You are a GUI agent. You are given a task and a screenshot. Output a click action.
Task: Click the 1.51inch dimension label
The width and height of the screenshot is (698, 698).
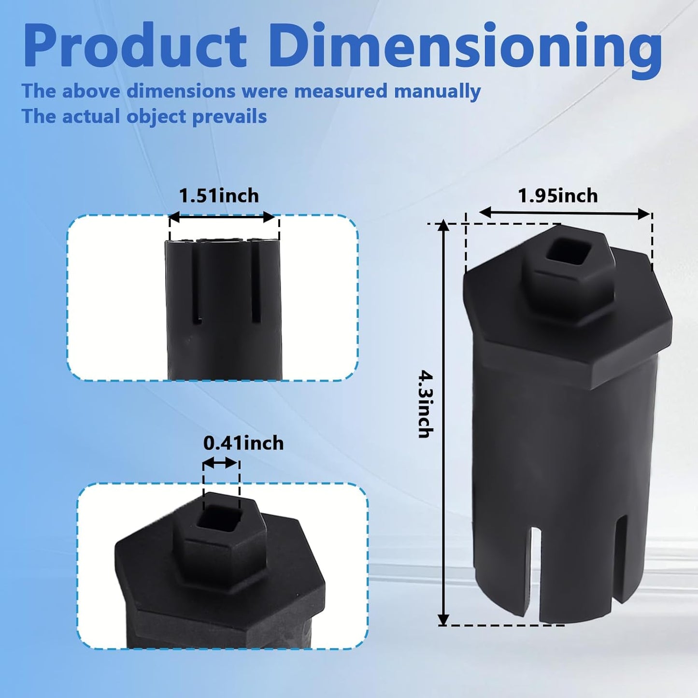pyautogui.click(x=219, y=196)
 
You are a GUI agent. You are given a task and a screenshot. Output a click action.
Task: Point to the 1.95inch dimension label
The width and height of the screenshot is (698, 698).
pyautogui.click(x=558, y=196)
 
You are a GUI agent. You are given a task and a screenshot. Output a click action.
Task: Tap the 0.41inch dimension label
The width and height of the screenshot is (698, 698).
pyautogui.click(x=243, y=443)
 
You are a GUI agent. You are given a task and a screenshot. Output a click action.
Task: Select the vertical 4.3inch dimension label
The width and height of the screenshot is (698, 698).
pyautogui.click(x=426, y=403)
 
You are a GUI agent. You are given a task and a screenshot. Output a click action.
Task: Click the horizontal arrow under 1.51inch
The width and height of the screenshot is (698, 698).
pyautogui.click(x=222, y=217)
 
